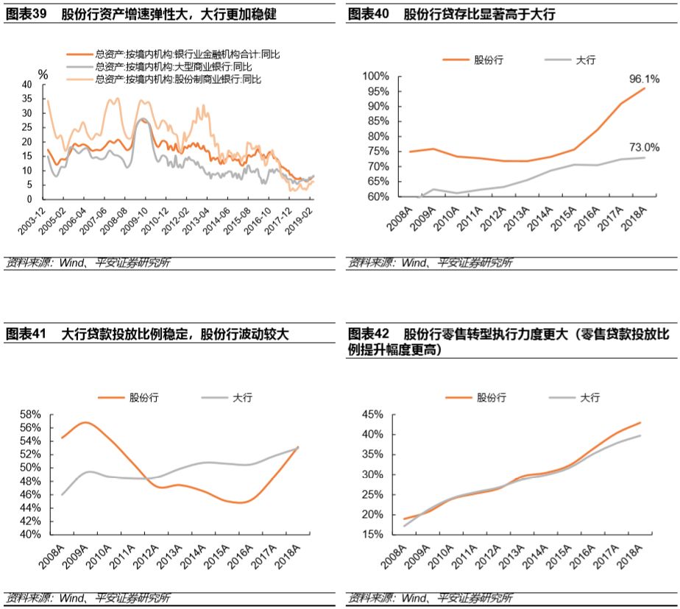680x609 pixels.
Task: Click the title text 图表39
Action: (26, 14)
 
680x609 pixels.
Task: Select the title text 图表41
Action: (26, 334)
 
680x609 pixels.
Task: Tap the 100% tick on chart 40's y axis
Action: (374, 76)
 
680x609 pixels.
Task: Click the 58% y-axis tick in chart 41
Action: (32, 414)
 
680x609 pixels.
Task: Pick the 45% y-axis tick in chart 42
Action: (372, 414)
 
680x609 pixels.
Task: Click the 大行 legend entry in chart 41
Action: (242, 397)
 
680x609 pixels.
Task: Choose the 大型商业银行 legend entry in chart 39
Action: (174, 66)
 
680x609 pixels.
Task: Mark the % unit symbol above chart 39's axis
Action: (43, 74)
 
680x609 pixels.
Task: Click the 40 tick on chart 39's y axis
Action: (27, 85)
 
